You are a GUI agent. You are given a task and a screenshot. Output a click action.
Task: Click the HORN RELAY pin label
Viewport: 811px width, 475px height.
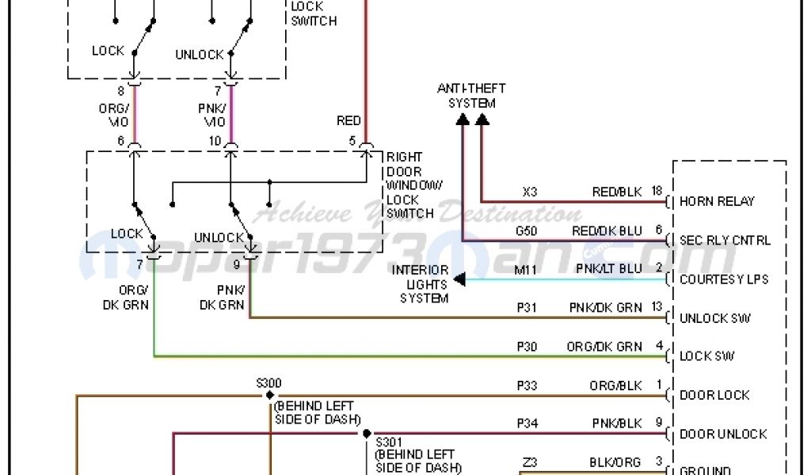point(717,201)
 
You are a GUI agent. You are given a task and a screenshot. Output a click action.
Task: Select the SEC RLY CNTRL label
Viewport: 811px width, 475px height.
point(725,240)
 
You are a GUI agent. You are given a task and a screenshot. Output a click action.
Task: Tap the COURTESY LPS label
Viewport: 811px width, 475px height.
point(724,279)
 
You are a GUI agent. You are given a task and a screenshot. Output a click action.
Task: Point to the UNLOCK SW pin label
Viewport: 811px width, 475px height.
point(715,318)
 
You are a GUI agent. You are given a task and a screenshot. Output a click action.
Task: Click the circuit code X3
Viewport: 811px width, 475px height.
point(530,192)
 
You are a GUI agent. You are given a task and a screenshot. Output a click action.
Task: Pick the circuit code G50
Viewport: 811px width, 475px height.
point(526,230)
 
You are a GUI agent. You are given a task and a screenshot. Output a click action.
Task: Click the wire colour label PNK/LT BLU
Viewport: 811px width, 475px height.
point(609,269)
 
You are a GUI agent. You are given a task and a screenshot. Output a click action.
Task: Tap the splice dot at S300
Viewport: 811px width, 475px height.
point(269,394)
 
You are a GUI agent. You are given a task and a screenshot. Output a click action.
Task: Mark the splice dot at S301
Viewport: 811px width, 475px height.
point(367,433)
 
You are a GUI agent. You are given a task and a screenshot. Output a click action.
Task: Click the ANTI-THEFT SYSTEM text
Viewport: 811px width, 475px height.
point(471,96)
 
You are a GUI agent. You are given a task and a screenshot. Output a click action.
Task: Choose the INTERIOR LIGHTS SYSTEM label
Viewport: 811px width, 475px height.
point(420,284)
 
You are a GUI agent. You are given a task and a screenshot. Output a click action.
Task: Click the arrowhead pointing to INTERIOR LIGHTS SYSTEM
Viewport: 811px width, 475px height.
point(459,279)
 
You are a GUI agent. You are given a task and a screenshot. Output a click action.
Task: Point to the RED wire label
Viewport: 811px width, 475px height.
point(348,121)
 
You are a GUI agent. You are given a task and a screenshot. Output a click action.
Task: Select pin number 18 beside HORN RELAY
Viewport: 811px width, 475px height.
point(657,192)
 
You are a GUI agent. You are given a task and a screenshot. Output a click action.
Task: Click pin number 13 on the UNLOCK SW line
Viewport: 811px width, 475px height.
point(657,308)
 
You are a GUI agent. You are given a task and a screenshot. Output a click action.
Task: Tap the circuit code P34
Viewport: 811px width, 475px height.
point(527,424)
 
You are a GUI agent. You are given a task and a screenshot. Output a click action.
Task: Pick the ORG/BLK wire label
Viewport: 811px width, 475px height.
point(615,386)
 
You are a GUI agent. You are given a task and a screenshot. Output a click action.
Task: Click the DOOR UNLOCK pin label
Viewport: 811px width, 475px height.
point(723,434)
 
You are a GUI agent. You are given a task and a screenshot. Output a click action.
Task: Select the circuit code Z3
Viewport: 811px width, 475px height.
point(530,462)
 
